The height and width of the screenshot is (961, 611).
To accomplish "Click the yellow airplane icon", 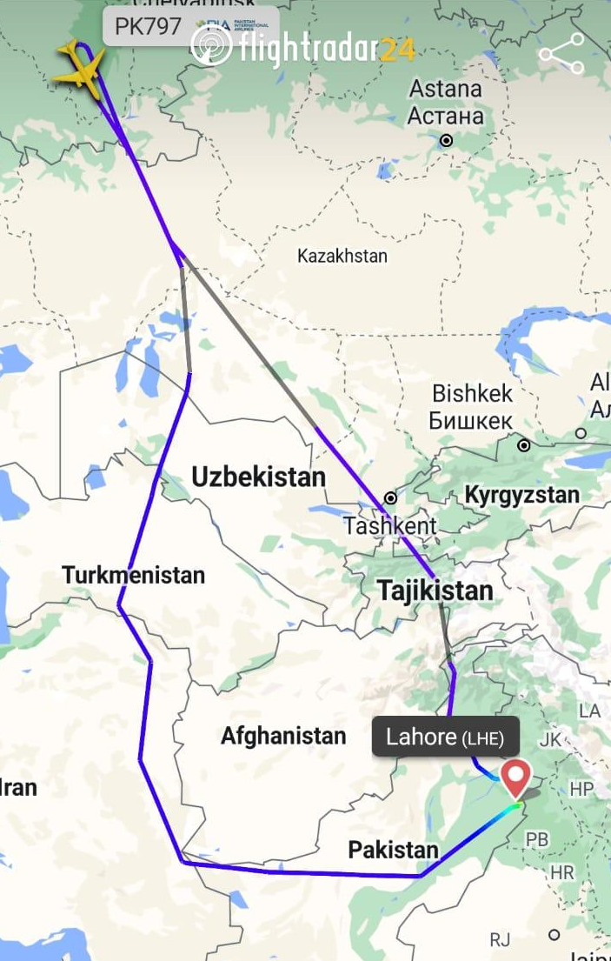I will (79, 67).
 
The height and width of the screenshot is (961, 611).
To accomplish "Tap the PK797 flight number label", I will (148, 26).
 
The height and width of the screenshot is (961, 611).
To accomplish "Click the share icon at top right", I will (561, 54).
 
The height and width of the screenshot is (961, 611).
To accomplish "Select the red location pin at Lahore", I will (516, 777).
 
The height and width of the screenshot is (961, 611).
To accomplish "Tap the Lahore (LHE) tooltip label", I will (445, 737).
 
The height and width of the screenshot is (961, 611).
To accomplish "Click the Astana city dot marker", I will (447, 140).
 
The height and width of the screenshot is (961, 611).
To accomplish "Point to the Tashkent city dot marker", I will (391, 498).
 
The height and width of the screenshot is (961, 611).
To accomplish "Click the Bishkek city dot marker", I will (524, 445).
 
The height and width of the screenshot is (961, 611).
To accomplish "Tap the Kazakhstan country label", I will (342, 256).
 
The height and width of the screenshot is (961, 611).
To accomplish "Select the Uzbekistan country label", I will (258, 477).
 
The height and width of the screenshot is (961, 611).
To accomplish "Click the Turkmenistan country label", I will (133, 575).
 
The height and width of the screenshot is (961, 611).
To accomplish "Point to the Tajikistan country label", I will (435, 591).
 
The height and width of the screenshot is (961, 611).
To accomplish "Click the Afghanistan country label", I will (283, 736).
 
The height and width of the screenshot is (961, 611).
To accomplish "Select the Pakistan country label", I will (394, 850).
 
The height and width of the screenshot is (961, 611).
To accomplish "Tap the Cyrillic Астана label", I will (446, 116).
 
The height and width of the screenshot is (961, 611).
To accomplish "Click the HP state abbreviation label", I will (581, 790).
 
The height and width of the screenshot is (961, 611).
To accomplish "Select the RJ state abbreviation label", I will (500, 938).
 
